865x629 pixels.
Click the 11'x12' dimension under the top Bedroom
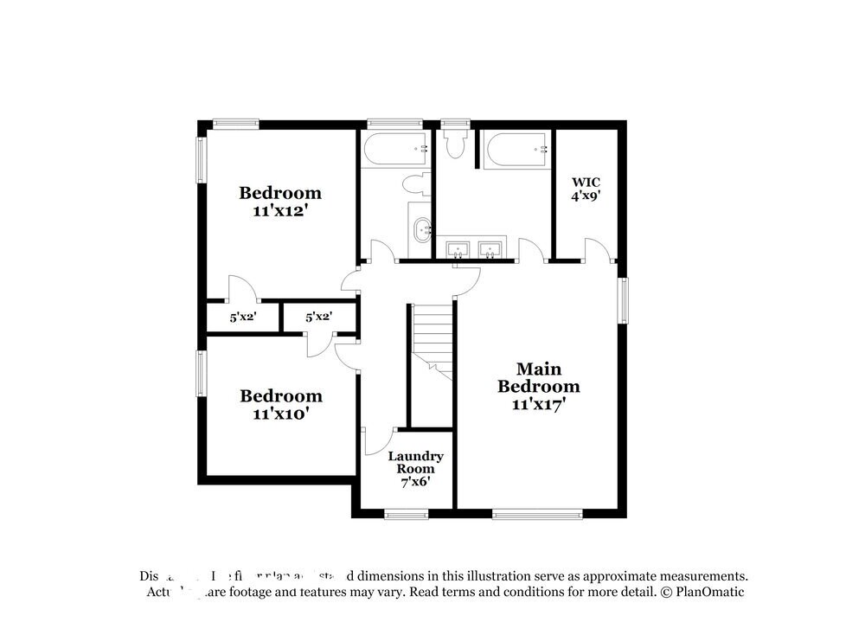click(x=280, y=210)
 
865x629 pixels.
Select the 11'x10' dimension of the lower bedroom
click(x=280, y=414)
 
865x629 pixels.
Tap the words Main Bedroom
click(x=538, y=377)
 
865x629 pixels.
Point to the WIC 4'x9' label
click(x=586, y=189)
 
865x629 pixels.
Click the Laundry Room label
click(x=415, y=468)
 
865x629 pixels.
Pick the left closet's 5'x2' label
click(x=243, y=318)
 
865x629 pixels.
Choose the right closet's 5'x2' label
click(x=319, y=318)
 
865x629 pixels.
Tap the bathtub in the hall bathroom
click(x=395, y=150)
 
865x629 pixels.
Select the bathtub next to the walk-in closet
click(x=516, y=150)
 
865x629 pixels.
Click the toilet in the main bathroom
click(x=454, y=143)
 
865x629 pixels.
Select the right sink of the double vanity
click(x=490, y=250)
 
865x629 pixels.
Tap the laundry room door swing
click(x=378, y=441)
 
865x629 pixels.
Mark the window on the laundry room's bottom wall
click(x=407, y=514)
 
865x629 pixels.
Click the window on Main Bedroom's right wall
click(x=621, y=301)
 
